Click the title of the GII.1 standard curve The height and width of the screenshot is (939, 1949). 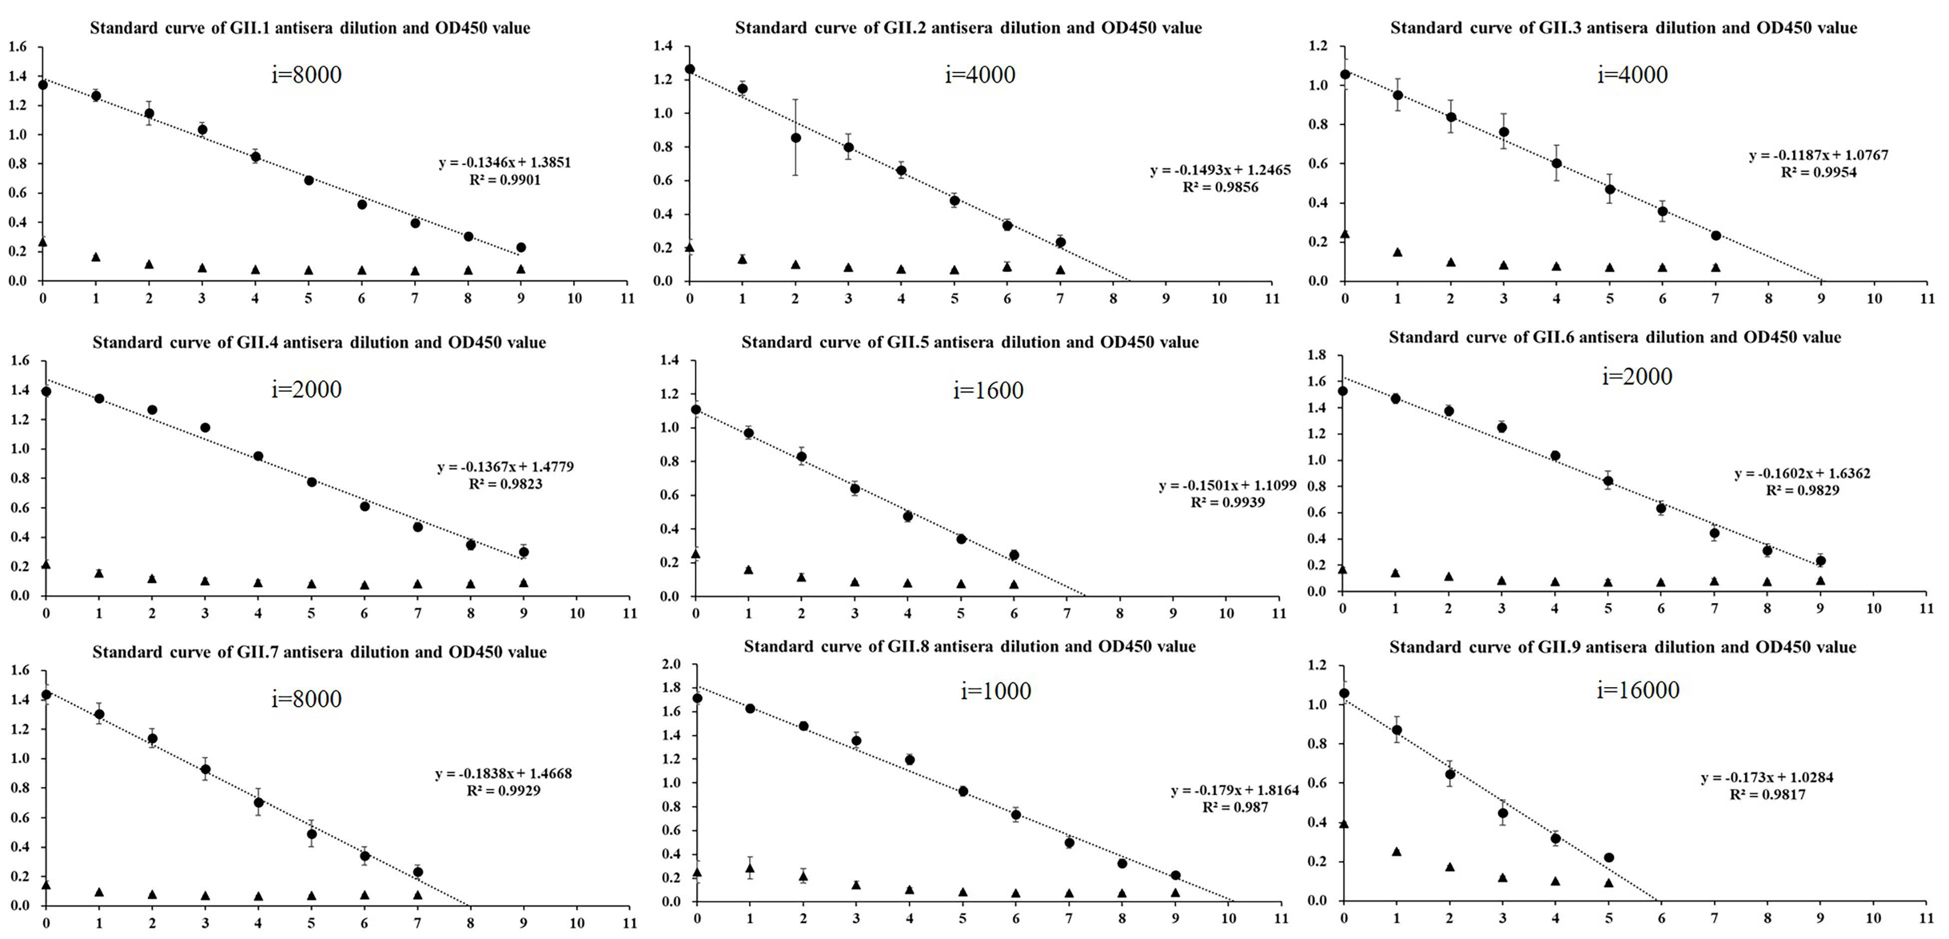310,28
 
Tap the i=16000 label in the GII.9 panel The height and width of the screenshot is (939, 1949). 1638,690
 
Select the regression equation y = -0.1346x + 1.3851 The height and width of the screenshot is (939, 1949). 505,163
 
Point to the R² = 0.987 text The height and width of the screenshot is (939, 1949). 1235,807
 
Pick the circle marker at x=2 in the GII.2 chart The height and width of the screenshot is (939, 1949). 795,138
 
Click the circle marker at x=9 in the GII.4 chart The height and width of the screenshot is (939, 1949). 523,552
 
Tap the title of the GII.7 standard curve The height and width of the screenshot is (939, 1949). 319,652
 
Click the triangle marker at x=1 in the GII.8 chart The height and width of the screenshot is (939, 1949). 750,868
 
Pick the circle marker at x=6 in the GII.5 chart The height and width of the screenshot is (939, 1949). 1014,555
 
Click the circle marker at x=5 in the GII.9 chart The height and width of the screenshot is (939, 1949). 1609,857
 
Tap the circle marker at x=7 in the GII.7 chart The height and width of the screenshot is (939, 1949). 418,872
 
